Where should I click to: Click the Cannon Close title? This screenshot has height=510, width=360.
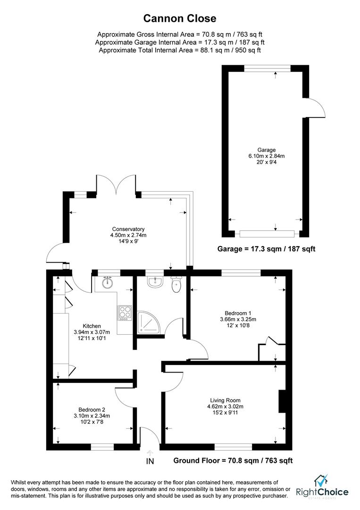click(180, 18)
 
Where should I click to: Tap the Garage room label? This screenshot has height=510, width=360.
click(267, 150)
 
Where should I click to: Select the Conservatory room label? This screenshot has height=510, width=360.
click(128, 229)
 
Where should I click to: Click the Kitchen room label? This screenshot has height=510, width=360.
click(92, 326)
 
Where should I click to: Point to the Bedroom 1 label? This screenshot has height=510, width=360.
click(238, 313)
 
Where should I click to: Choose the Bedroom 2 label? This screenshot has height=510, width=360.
click(92, 410)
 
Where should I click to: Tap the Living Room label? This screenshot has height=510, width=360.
click(225, 400)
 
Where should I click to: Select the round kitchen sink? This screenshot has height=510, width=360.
click(107, 283)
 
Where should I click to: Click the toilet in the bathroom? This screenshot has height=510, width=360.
click(176, 284)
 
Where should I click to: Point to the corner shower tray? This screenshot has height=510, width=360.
click(148, 323)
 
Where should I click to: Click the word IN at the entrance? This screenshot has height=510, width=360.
click(150, 461)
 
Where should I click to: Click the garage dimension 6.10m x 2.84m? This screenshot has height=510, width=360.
click(267, 156)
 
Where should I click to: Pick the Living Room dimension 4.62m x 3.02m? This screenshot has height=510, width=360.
click(225, 407)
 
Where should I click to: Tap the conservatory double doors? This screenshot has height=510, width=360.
click(116, 185)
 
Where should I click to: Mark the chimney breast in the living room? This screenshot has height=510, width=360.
click(282, 401)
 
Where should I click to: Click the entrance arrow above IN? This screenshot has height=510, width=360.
click(150, 452)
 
